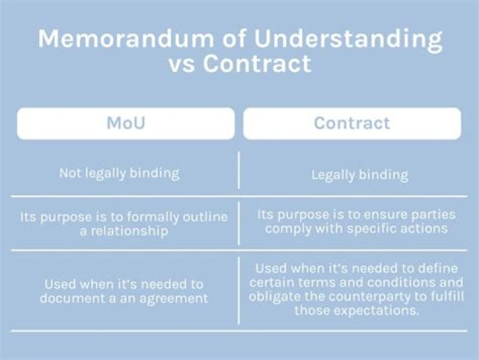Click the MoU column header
point(126,123)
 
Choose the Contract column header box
point(351,123)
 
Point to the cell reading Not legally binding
point(119,173)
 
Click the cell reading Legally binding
point(359,176)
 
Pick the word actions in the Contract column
point(422,230)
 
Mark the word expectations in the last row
point(378,310)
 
